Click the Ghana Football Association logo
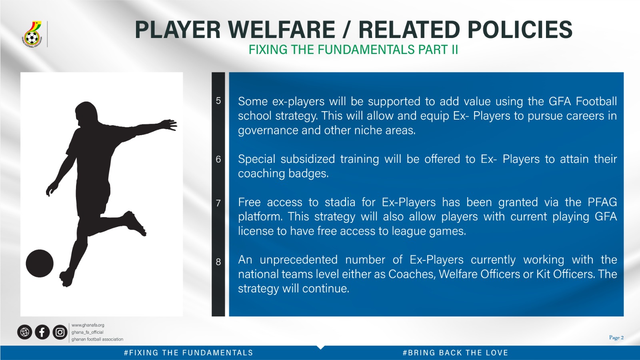coord(32,34)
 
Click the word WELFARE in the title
coord(282,30)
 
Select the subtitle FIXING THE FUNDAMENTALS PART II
coord(354,50)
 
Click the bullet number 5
coord(218,100)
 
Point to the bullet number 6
coord(218,159)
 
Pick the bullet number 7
coord(218,203)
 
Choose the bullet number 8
coord(218,262)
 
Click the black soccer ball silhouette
coord(40,264)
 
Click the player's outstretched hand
coord(170,125)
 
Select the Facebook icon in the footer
coord(42,332)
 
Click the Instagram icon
coord(60,332)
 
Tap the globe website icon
coord(24,332)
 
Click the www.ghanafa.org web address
coord(88,325)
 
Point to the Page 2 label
coord(616,338)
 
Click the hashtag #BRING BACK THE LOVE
coord(455,353)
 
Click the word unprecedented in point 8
coord(298,260)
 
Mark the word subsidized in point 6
coord(308,159)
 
